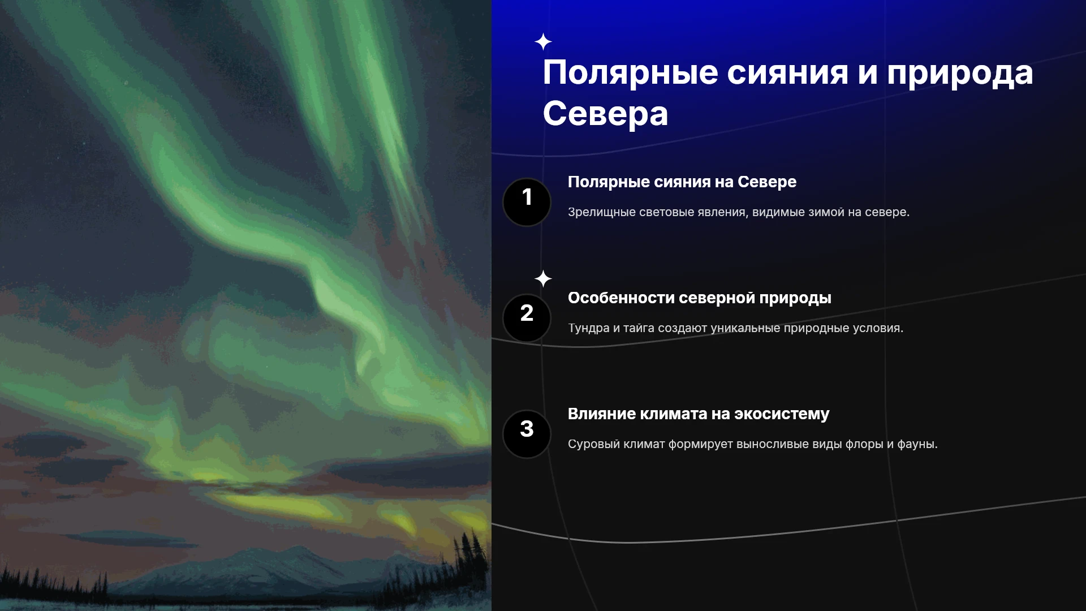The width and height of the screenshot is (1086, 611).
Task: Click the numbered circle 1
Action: [527, 202]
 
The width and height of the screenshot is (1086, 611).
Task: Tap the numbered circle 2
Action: [527, 318]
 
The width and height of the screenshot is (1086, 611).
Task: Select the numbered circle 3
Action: [527, 434]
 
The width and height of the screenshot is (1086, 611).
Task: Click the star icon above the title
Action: [543, 42]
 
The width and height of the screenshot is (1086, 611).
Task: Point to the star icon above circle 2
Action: [543, 279]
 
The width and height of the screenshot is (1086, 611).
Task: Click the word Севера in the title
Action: [605, 114]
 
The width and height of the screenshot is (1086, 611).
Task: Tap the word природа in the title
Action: [960, 74]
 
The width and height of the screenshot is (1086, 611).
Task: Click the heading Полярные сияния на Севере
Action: [682, 182]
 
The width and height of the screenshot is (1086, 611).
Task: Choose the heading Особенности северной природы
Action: [699, 298]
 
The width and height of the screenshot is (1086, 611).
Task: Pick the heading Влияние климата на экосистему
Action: [698, 414]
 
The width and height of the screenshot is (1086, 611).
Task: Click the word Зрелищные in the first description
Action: [601, 213]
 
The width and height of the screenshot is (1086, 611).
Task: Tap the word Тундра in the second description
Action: [588, 328]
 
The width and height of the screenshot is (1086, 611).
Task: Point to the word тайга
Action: [639, 329]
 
